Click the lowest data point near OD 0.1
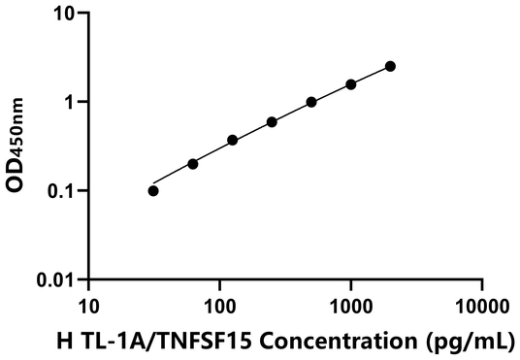click(153, 190)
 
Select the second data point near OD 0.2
click(193, 164)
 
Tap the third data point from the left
click(233, 140)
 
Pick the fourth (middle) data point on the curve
click(272, 122)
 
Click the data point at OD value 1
click(311, 102)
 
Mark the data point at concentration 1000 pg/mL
click(351, 84)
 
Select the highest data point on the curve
click(390, 66)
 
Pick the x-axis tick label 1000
click(350, 307)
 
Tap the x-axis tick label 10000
click(482, 307)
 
